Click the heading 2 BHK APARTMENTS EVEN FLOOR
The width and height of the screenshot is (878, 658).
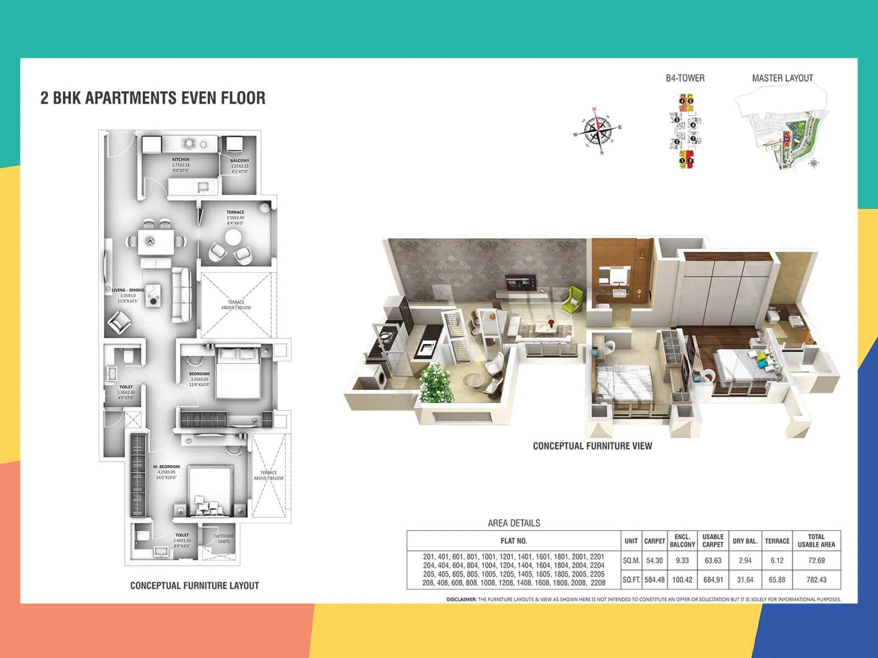(x=153, y=98)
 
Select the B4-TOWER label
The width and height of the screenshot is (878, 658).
(x=685, y=78)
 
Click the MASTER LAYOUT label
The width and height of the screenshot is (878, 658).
(x=782, y=78)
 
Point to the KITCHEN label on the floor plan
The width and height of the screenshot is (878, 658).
(x=181, y=160)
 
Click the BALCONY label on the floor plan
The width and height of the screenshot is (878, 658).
(x=239, y=161)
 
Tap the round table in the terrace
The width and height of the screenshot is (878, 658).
(x=233, y=237)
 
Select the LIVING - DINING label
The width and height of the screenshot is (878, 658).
(x=128, y=290)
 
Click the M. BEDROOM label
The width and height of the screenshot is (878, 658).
(x=166, y=467)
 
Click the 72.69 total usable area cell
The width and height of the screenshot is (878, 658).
(x=816, y=560)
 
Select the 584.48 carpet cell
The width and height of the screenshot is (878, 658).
(x=654, y=580)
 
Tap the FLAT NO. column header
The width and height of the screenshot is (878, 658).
(x=513, y=541)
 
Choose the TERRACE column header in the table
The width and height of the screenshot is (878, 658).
(x=777, y=541)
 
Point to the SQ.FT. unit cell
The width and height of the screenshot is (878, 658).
(x=631, y=580)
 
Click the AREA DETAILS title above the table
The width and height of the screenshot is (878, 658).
(x=514, y=523)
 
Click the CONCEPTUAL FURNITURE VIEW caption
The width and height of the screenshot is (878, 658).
(x=592, y=446)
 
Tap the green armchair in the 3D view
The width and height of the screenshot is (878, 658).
(x=575, y=299)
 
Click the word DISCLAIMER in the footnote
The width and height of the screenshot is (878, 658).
(x=461, y=599)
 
